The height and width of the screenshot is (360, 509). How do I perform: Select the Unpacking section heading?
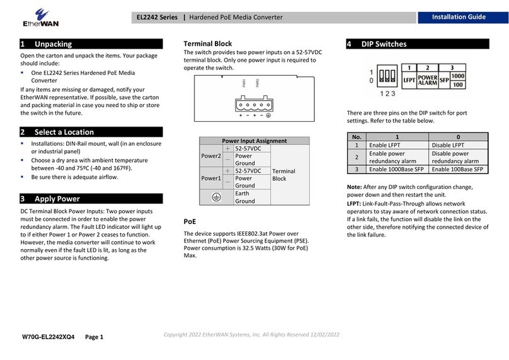point(53,44)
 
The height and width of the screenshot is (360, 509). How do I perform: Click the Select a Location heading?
point(64,132)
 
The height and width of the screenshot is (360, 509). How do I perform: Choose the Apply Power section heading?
point(57,199)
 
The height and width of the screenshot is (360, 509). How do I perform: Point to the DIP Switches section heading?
point(384,44)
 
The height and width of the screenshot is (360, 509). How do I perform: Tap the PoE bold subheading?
point(189,222)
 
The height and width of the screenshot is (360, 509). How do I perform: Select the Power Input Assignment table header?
point(254,141)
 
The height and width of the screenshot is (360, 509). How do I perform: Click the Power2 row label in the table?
point(210,156)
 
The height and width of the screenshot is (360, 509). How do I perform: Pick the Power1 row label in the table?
point(210,178)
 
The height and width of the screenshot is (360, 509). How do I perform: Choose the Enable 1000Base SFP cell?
point(397,170)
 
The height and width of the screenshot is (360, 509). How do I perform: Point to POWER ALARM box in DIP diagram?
point(428,79)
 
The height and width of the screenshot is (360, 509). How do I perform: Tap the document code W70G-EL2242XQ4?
point(48,337)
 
